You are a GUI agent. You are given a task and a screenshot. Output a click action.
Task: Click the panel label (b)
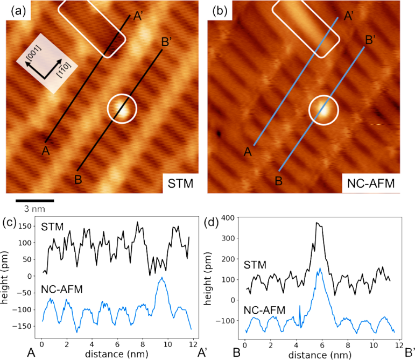click(x=221, y=10)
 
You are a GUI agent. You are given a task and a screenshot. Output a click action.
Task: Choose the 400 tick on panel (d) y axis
click(x=229, y=218)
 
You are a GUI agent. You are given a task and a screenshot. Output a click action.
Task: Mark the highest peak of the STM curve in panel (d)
click(x=318, y=223)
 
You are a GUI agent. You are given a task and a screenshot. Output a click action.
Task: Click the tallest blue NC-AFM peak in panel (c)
click(x=161, y=278)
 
